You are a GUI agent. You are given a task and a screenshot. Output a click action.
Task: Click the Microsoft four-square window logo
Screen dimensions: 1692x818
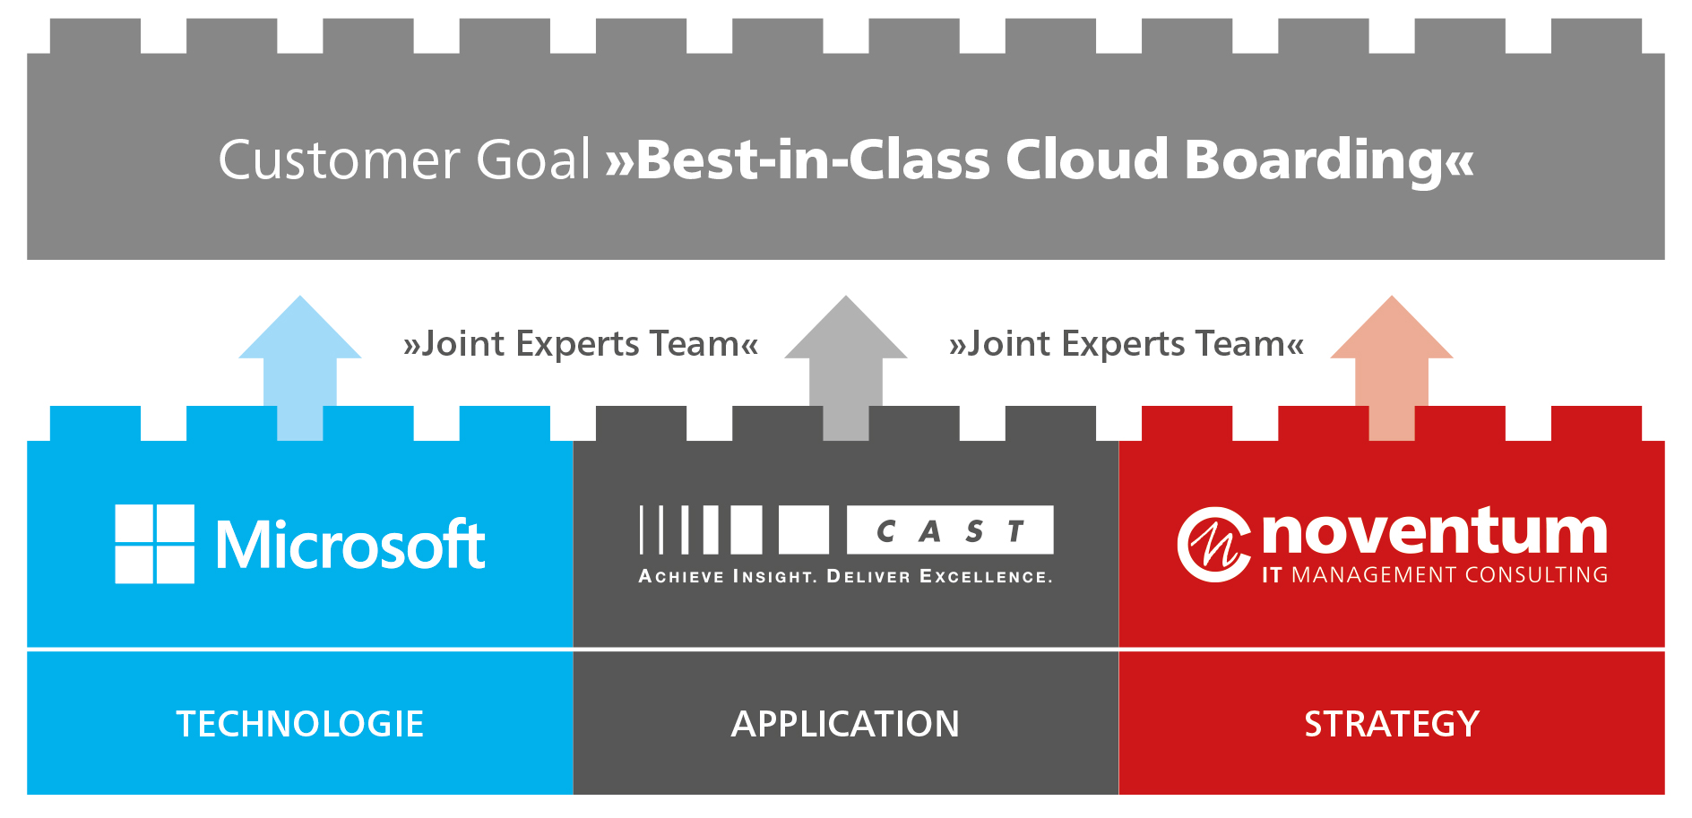tap(155, 544)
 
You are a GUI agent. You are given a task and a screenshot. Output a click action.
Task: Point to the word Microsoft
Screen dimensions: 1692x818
tap(350, 544)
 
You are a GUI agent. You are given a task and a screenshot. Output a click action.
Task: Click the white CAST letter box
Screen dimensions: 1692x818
tap(950, 530)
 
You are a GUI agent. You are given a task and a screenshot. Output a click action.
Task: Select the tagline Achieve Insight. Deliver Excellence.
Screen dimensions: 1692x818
tap(846, 576)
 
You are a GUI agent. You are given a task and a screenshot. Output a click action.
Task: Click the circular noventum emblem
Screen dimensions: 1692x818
tap(1213, 545)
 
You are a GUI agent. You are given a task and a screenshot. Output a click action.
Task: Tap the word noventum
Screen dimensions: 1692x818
tap(1435, 530)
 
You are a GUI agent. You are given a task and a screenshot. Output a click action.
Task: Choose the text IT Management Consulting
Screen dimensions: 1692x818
tap(1435, 574)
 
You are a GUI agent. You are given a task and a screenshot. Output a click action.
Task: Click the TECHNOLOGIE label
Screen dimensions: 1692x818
tap(300, 724)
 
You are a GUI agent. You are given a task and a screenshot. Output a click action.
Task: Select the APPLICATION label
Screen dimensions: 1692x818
tap(846, 724)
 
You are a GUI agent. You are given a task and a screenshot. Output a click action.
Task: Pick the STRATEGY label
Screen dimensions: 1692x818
tap(1392, 724)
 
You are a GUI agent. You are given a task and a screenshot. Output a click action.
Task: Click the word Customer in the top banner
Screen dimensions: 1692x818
tap(340, 159)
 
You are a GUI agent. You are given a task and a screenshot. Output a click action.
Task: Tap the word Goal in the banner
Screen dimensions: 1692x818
tap(533, 159)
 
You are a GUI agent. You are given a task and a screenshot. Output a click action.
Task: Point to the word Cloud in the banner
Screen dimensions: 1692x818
tap(1087, 159)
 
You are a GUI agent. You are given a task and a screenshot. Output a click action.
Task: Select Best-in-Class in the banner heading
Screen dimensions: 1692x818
tap(812, 159)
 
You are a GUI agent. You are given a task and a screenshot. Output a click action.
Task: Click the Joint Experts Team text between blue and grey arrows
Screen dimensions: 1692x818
tap(581, 344)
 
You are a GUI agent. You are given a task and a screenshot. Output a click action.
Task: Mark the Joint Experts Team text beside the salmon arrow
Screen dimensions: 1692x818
tap(1127, 344)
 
